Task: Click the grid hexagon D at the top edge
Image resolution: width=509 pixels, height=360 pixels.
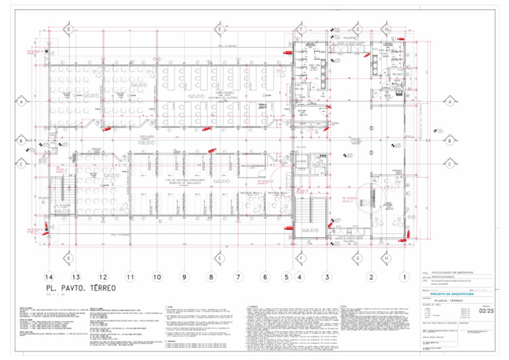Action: coord(69,29)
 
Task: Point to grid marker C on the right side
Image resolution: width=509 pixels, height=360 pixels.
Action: coord(451,164)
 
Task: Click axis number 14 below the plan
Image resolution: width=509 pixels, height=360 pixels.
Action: coord(49,276)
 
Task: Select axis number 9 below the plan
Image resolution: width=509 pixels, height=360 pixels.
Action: coord(184,276)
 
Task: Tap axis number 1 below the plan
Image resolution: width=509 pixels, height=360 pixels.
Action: coord(404,276)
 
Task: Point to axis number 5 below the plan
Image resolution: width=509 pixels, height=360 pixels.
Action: coord(287,276)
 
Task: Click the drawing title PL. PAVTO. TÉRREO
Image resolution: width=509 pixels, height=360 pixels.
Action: coord(80,289)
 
